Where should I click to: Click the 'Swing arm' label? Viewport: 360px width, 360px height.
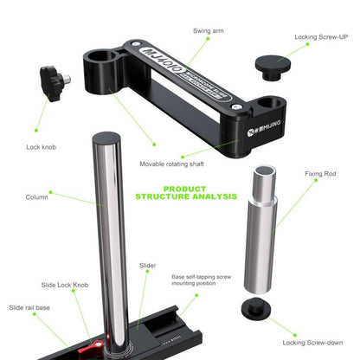pyautogui.click(x=208, y=29)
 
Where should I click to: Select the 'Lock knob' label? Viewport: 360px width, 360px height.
pyautogui.click(x=42, y=147)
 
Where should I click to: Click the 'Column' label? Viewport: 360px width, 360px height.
pyautogui.click(x=37, y=196)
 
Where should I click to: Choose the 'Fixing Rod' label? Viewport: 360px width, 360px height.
pyautogui.click(x=319, y=173)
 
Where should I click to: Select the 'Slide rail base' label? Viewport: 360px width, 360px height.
pyautogui.click(x=31, y=307)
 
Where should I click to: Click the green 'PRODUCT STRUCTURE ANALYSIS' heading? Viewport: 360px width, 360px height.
pyautogui.click(x=186, y=191)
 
